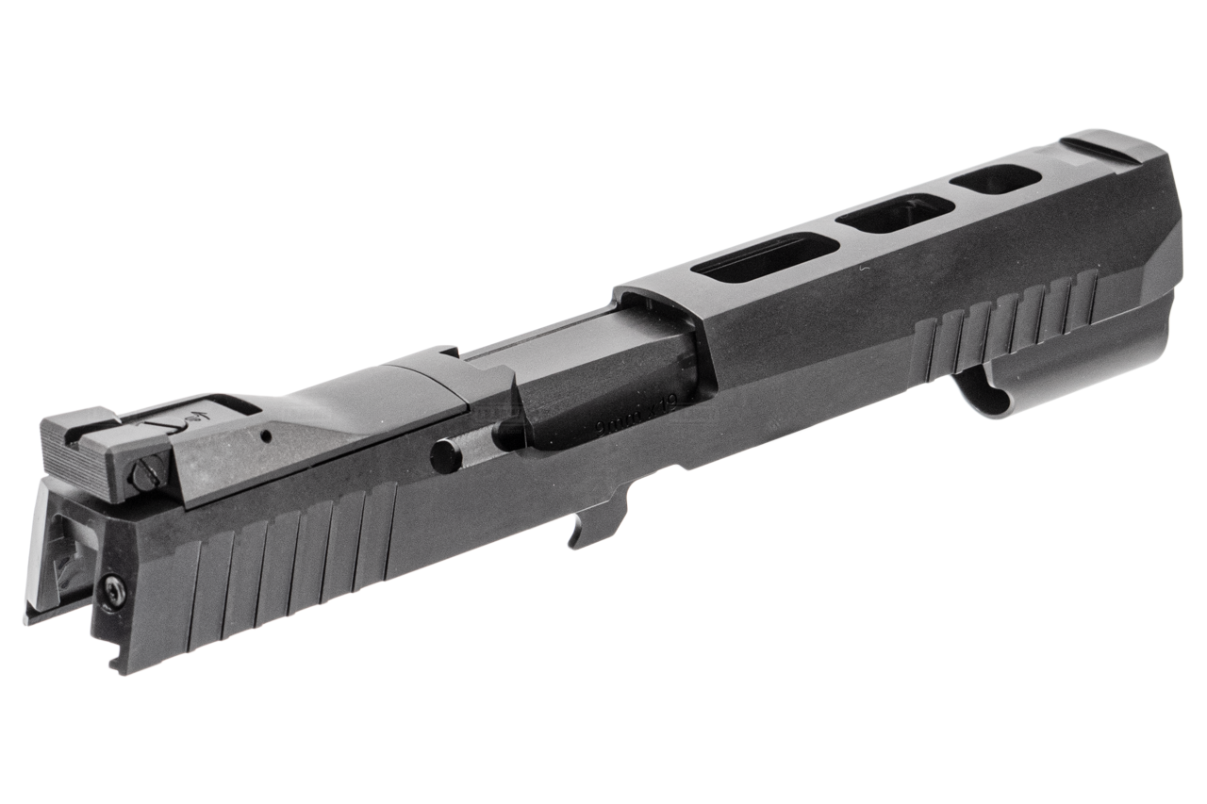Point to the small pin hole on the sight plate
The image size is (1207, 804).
coord(267,435)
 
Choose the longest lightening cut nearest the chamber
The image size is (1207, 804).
coord(764,257)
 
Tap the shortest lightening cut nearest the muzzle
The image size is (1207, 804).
coord(994,178)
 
